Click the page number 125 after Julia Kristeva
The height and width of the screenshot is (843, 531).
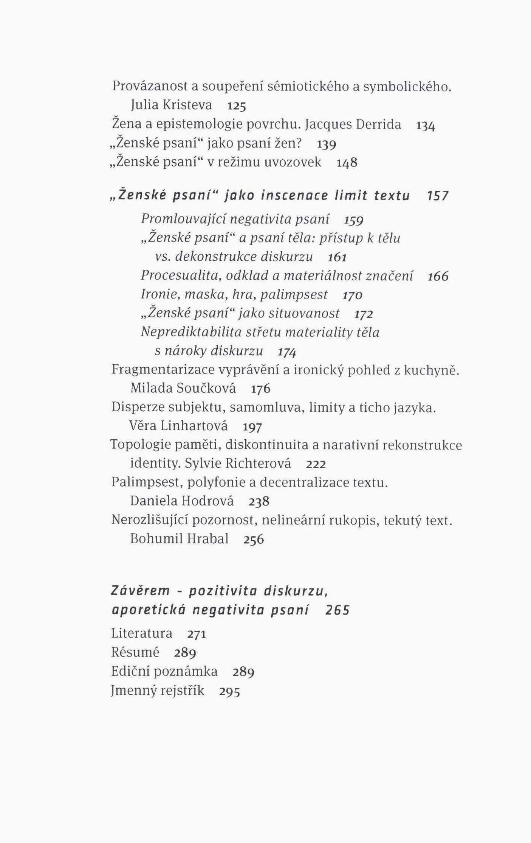click(237, 106)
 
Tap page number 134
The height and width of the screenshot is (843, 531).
click(426, 125)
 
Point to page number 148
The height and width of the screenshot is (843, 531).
click(347, 163)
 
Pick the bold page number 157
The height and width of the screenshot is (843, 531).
click(438, 196)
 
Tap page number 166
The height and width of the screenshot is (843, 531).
click(438, 276)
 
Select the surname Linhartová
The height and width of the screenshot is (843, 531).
click(194, 426)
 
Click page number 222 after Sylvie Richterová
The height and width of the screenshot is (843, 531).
click(316, 464)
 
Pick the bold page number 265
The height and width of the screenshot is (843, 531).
click(337, 610)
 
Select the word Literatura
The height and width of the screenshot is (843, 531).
click(142, 633)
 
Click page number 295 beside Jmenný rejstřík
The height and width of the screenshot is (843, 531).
click(230, 692)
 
